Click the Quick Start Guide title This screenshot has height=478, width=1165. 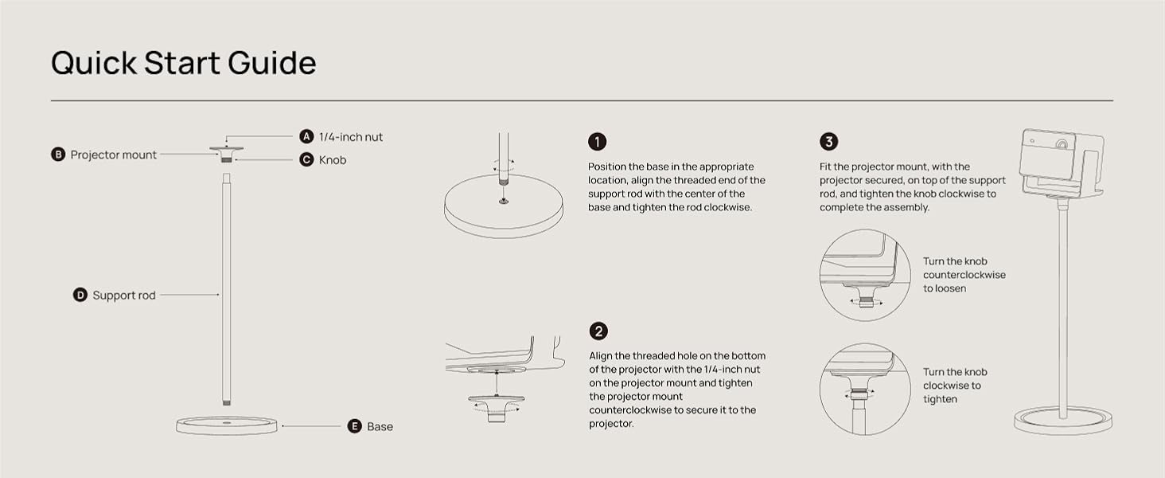pyautogui.click(x=184, y=64)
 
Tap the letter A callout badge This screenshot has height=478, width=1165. pyautogui.click(x=306, y=136)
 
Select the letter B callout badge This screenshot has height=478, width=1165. pyautogui.click(x=58, y=154)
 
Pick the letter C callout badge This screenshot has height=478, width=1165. pyautogui.click(x=306, y=159)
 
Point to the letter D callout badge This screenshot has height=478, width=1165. pyautogui.click(x=80, y=295)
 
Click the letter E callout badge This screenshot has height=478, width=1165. pyautogui.click(x=354, y=426)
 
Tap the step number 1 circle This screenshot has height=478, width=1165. pyautogui.click(x=597, y=142)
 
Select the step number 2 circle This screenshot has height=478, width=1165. pyautogui.click(x=598, y=331)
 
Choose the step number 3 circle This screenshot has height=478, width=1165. pyautogui.click(x=828, y=142)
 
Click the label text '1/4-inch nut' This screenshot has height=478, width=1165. pyautogui.click(x=351, y=137)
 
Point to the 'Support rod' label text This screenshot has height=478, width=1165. pyautogui.click(x=124, y=296)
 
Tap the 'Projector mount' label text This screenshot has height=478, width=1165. pyautogui.click(x=113, y=155)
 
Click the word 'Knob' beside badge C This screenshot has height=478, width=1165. pyautogui.click(x=333, y=160)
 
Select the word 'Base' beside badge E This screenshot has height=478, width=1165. pyautogui.click(x=380, y=426)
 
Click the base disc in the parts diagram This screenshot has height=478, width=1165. pyautogui.click(x=227, y=425)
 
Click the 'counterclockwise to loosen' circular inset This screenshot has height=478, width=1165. pyautogui.click(x=865, y=275)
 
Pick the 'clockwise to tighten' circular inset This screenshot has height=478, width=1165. pyautogui.click(x=865, y=389)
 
